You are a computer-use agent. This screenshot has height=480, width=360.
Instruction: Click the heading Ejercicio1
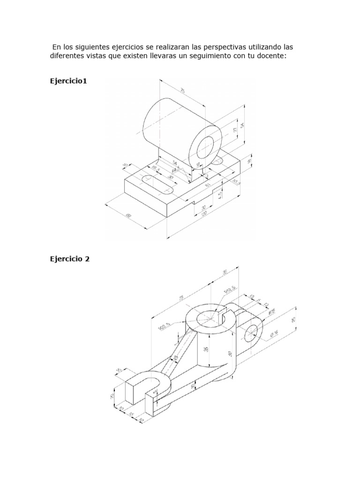point(68,81)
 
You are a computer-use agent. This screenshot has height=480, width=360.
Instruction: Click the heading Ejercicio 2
point(69,258)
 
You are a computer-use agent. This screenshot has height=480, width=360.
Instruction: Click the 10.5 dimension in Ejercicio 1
point(235,181)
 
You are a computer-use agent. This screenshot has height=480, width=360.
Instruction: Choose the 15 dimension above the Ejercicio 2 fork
point(119,370)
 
